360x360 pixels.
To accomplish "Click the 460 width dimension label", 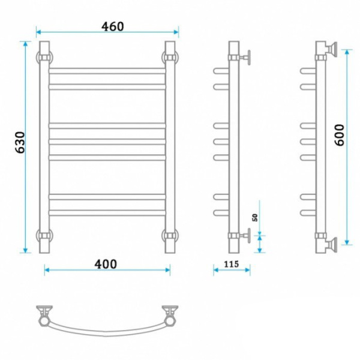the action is point(113,26).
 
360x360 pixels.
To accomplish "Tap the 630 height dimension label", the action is point(20,142).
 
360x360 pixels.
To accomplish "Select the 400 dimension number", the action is point(106,264).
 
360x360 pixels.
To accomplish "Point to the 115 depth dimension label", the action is point(232,264).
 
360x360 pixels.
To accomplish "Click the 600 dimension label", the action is point(340,135).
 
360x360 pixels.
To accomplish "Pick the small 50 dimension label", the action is point(255,217).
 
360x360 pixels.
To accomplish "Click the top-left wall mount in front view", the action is point(44,57).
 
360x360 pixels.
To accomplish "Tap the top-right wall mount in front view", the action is point(170,57).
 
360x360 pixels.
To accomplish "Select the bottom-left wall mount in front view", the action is point(44,236).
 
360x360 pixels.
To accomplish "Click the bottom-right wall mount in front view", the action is point(170,236).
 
